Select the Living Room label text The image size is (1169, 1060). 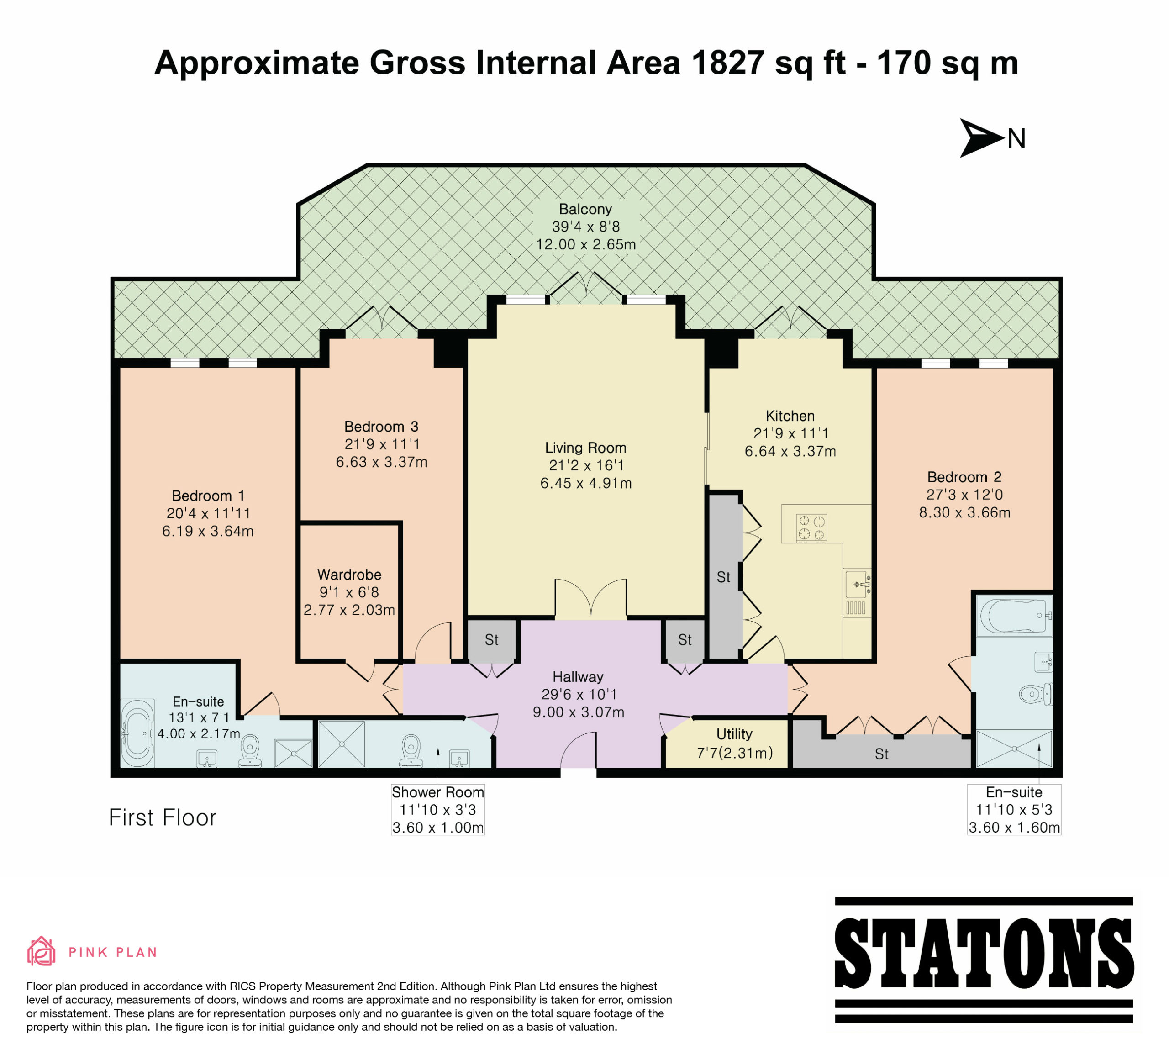(x=586, y=448)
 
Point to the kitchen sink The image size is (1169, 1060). (x=858, y=584)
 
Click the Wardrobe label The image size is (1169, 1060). (x=349, y=575)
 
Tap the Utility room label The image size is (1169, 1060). (x=734, y=734)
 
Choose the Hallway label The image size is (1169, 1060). (x=578, y=677)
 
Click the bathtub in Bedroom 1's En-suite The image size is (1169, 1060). (x=137, y=733)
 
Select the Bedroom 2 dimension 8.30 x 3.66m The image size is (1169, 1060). (x=964, y=512)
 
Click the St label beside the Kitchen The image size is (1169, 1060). (x=723, y=577)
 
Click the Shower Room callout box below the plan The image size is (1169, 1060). (x=438, y=809)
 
